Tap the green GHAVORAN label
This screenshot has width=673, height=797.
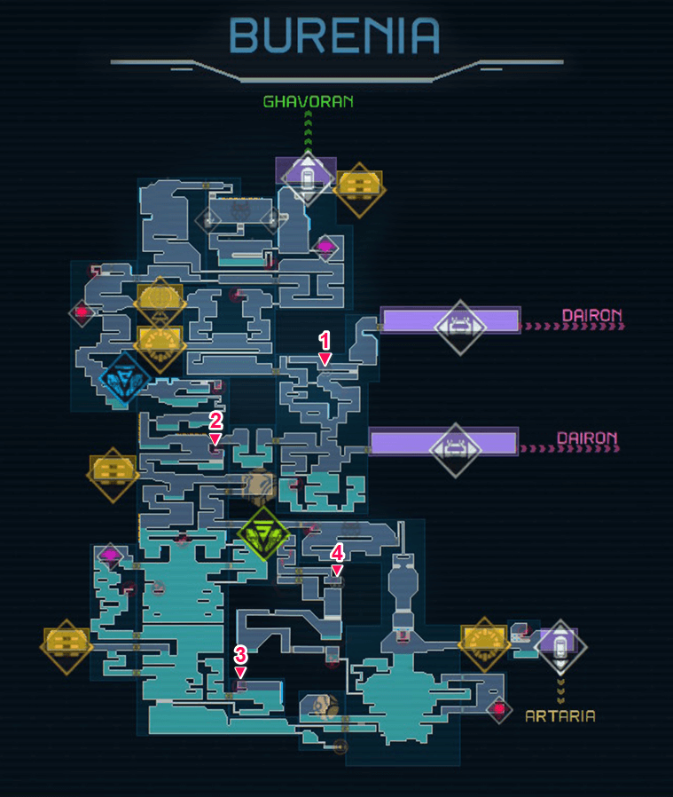pyautogui.click(x=308, y=101)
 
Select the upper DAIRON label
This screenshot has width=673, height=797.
pyautogui.click(x=592, y=315)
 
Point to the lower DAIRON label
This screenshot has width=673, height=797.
pyautogui.click(x=587, y=438)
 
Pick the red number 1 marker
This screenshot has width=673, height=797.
pyautogui.click(x=325, y=346)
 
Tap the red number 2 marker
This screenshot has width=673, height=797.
pyautogui.click(x=215, y=426)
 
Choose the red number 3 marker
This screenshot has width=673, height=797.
pyautogui.click(x=240, y=660)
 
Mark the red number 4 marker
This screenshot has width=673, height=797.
pyautogui.click(x=337, y=557)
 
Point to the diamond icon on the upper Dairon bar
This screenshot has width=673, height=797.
pyautogui.click(x=459, y=325)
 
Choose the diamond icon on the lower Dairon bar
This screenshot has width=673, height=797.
pyautogui.click(x=455, y=447)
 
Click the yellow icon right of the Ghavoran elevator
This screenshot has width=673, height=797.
pyautogui.click(x=359, y=188)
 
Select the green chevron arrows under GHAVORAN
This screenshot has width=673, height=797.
pyautogui.click(x=308, y=129)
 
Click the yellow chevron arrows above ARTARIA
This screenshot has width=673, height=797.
pyautogui.click(x=560, y=689)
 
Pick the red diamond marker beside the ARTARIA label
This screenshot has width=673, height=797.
pyautogui.click(x=498, y=707)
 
